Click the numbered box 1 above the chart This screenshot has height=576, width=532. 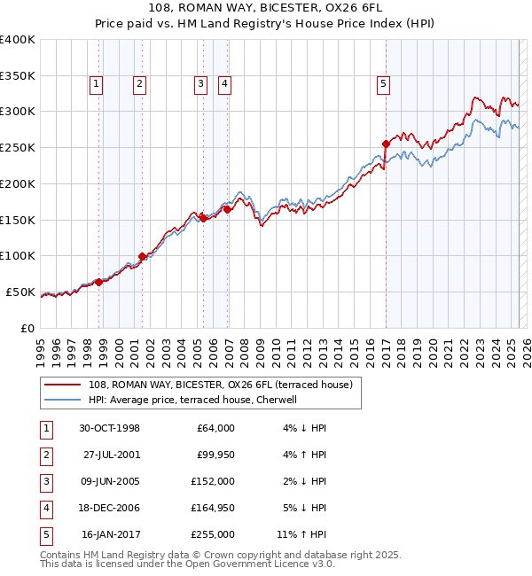pos(96,84)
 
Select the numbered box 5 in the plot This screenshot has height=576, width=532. pos(383,84)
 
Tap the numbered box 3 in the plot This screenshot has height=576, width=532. pos(200,84)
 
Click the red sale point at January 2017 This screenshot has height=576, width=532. pos(386,144)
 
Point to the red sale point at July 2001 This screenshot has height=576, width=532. pos(143,256)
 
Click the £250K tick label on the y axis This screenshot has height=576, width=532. pos(18,148)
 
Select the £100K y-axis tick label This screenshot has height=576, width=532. pos(18,256)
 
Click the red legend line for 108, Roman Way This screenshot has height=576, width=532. pos(64,385)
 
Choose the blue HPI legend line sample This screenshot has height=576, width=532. pos(64,400)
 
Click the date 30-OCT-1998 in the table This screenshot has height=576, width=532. pos(109,428)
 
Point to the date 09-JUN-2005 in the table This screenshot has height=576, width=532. pos(109,482)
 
